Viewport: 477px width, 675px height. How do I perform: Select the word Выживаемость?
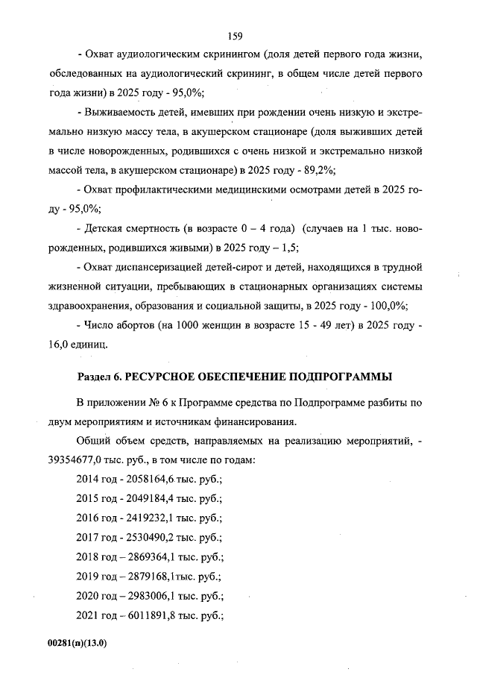pos(123,113)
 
